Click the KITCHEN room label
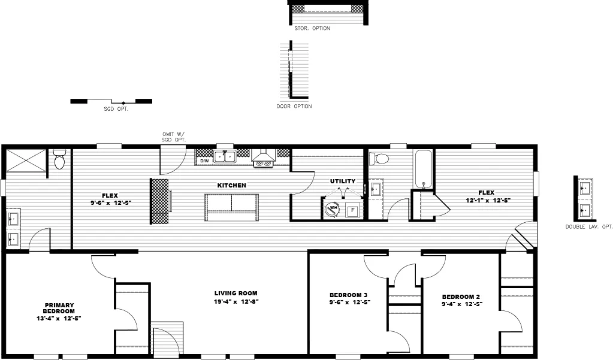pyautogui.click(x=231, y=186)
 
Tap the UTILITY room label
pyautogui.click(x=343, y=181)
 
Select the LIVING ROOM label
pyautogui.click(x=236, y=294)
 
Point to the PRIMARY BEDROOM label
pyautogui.click(x=59, y=308)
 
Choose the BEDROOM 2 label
pyautogui.click(x=461, y=297)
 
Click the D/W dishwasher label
pyautogui.click(x=204, y=161)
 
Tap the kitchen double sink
pyautogui.click(x=225, y=156)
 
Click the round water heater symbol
pyautogui.click(x=332, y=210)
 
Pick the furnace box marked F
pyautogui.click(x=353, y=210)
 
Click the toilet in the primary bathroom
pyautogui.click(x=59, y=160)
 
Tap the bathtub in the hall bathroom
pyautogui.click(x=423, y=170)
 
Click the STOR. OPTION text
pyautogui.click(x=312, y=28)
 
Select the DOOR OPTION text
pyautogui.click(x=294, y=107)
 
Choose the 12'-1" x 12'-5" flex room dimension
pyautogui.click(x=489, y=201)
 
